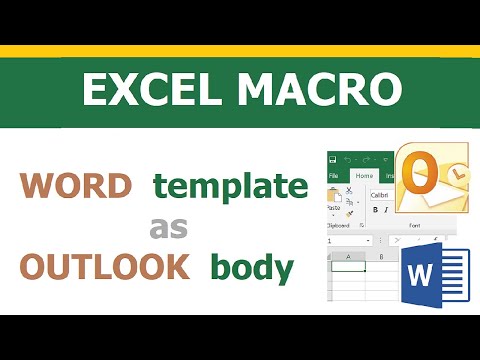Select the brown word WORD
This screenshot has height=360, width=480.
(x=77, y=187)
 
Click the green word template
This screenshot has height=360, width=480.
(x=229, y=186)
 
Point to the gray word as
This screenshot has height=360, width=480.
(x=169, y=227)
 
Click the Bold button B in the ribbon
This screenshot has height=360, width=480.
(x=374, y=210)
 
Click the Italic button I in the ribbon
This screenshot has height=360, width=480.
(x=386, y=210)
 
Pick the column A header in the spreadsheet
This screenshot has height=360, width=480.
(x=346, y=256)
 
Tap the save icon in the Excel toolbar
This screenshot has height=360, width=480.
(x=333, y=159)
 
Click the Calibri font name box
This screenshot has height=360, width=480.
(x=381, y=194)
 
